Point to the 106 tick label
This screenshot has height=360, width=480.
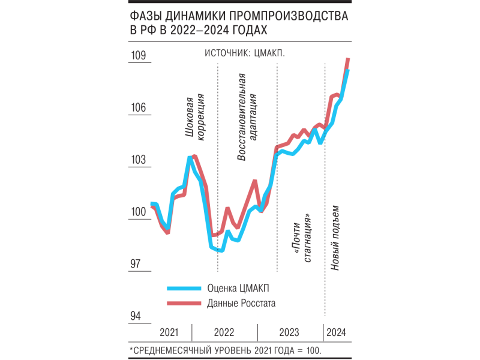tap(139, 108)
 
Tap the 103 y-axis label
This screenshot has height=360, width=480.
tap(139, 160)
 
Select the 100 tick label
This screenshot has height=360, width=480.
tap(139, 212)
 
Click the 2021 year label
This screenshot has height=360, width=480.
tap(169, 332)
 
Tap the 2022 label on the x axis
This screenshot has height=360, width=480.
tap(224, 332)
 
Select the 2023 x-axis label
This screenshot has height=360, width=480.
tap(290, 332)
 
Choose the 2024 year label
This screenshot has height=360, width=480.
tap(336, 332)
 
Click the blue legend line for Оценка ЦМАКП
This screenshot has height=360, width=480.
tap(182, 287)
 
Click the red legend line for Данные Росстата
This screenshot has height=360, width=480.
tap(182, 304)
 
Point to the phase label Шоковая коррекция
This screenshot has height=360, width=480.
tap(196, 117)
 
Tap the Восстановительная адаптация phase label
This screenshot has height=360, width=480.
tap(247, 117)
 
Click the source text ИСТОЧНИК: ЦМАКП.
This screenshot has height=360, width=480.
tap(244, 53)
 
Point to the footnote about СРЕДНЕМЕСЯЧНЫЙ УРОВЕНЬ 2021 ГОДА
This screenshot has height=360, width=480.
tap(226, 349)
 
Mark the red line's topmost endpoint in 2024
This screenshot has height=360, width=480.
tap(349, 59)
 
